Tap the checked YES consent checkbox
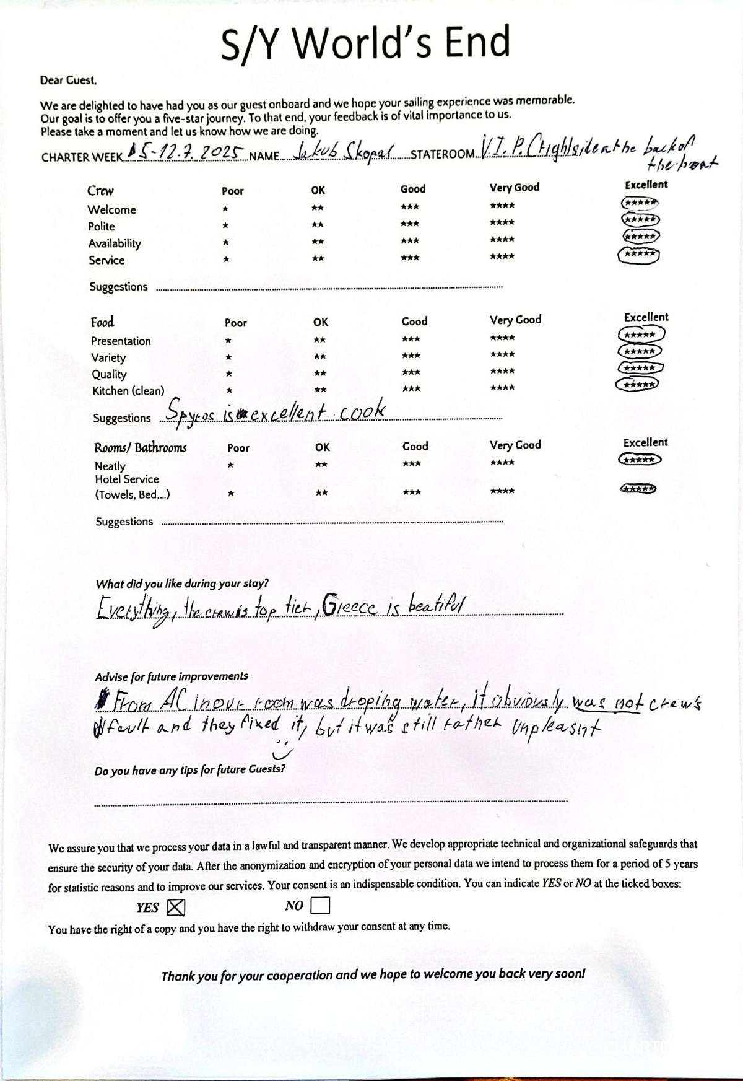click(176, 907)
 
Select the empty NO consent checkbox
click(320, 906)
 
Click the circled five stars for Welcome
click(640, 203)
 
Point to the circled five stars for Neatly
click(640, 460)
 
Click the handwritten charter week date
click(186, 151)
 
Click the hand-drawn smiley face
click(282, 749)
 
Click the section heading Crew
click(100, 191)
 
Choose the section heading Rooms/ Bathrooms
click(140, 447)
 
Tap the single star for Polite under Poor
click(225, 225)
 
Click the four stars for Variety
click(502, 355)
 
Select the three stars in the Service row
click(410, 258)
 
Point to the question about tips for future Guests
click(190, 770)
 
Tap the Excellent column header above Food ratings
click(646, 317)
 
